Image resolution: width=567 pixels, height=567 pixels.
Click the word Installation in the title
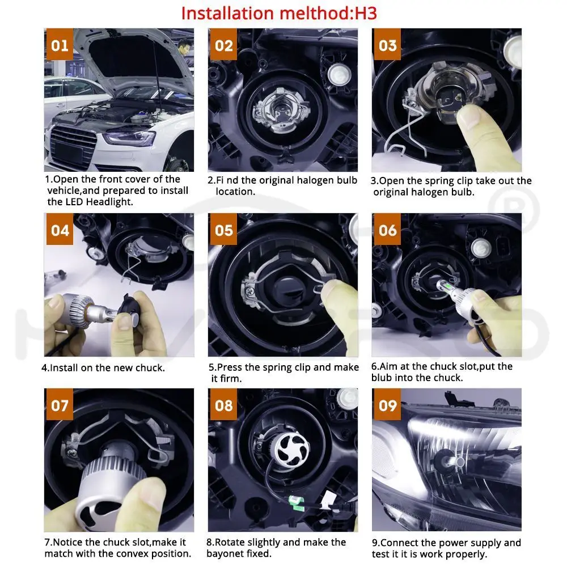(x=228, y=14)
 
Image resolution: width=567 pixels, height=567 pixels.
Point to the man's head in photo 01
(x=184, y=47)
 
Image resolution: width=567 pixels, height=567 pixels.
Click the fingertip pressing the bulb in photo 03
(x=469, y=116)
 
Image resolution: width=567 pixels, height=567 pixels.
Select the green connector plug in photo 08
(x=295, y=502)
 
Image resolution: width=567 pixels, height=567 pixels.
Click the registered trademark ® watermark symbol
(x=514, y=208)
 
